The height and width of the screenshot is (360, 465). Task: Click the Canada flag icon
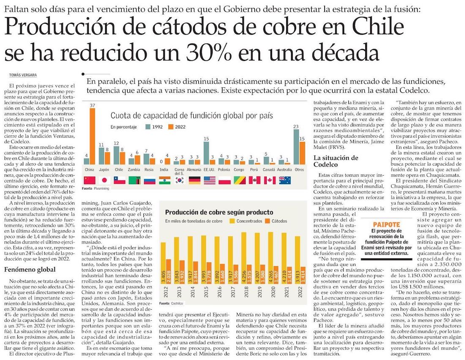(x=269, y=180)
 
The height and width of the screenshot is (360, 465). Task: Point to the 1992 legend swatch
(x=148, y=126)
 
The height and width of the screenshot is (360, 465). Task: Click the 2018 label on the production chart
(x=244, y=291)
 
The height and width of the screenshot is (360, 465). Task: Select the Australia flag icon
(x=284, y=180)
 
